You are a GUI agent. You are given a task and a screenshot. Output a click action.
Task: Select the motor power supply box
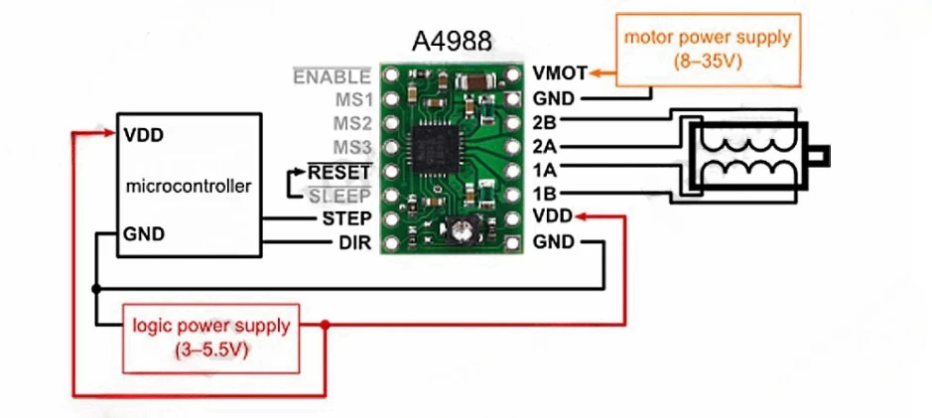pos(707,48)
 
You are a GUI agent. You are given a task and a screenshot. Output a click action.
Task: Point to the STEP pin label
pos(347,217)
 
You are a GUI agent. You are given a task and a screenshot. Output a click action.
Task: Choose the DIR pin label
pos(354,241)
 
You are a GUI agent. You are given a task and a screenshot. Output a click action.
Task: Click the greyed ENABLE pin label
pos(333,75)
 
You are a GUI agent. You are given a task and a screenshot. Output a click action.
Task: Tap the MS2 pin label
pos(353,123)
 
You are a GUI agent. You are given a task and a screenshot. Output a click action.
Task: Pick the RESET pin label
pos(339,171)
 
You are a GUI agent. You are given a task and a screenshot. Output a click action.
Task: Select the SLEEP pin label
pos(341,195)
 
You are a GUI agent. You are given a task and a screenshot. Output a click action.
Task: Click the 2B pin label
pos(544,122)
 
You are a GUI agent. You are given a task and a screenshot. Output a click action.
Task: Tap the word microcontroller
pos(190,186)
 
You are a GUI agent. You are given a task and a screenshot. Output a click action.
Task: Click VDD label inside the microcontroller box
pos(145,134)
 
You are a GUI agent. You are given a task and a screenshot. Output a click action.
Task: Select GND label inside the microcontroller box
pos(146,234)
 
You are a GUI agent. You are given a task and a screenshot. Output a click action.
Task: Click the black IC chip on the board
pos(438,147)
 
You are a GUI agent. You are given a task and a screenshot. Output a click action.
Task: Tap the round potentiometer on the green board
pos(459,231)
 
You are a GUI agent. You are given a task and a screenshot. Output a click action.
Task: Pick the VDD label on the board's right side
pos(552,216)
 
